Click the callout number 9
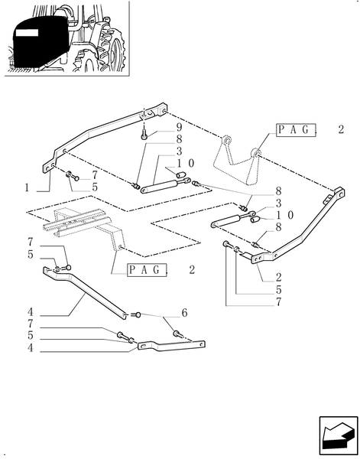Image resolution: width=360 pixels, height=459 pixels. (x=179, y=127)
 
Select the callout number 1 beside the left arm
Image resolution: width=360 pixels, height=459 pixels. (x=27, y=187)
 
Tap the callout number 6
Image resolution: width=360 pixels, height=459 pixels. (x=184, y=313)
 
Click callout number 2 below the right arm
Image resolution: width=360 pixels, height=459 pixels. (x=278, y=277)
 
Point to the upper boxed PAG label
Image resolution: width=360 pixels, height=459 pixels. (x=296, y=130)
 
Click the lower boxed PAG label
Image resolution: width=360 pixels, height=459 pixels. (x=147, y=270)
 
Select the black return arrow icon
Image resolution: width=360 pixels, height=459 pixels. (x=339, y=435)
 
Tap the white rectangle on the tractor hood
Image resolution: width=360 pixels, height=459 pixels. (x=27, y=32)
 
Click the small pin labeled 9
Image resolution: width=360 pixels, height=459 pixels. (x=144, y=135)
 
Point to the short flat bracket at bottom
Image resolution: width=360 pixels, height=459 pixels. (x=171, y=346)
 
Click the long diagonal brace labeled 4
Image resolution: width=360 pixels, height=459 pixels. (x=85, y=293)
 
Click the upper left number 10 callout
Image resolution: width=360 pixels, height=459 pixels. (x=185, y=164)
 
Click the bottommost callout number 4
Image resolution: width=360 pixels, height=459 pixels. (x=31, y=348)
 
